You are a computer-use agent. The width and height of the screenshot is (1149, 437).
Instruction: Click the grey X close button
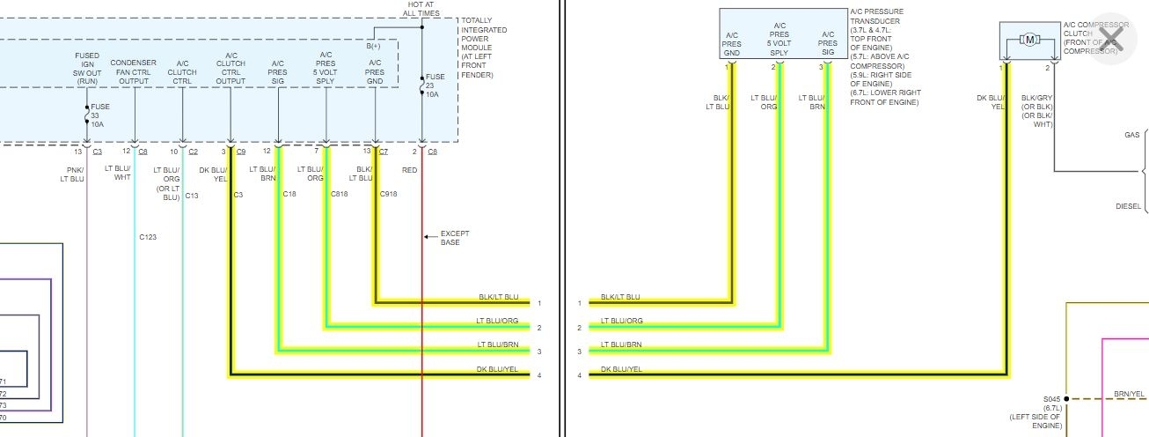pyautogui.click(x=1111, y=38)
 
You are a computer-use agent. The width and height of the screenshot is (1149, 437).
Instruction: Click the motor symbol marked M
pyautogui.click(x=1028, y=39)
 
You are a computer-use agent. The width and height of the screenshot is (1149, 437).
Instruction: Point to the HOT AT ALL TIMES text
pyautogui.click(x=422, y=10)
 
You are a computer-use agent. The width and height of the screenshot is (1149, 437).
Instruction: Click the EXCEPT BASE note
pyautogui.click(x=455, y=238)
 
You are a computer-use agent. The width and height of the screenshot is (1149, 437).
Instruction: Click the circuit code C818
pyautogui.click(x=340, y=194)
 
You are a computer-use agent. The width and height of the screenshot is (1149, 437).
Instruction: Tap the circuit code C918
pyautogui.click(x=389, y=194)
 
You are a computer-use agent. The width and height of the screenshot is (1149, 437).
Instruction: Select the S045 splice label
pyautogui.click(x=1052, y=399)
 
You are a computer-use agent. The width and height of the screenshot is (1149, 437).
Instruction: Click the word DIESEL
pyautogui.click(x=1128, y=207)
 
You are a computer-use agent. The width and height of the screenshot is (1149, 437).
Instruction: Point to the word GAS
pyautogui.click(x=1131, y=136)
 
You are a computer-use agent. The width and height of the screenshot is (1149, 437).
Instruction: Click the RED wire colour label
pyautogui.click(x=410, y=170)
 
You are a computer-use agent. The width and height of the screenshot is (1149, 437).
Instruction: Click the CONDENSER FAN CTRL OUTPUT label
pyautogui.click(x=134, y=72)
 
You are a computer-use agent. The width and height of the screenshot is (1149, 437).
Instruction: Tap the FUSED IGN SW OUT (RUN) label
pyautogui.click(x=87, y=68)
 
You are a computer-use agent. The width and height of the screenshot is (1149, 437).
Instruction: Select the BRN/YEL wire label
pyautogui.click(x=1129, y=394)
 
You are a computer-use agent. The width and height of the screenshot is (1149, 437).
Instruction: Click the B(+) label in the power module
pyautogui.click(x=374, y=46)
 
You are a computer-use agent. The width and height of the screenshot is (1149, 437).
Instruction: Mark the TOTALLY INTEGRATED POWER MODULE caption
pyautogui.click(x=483, y=48)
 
